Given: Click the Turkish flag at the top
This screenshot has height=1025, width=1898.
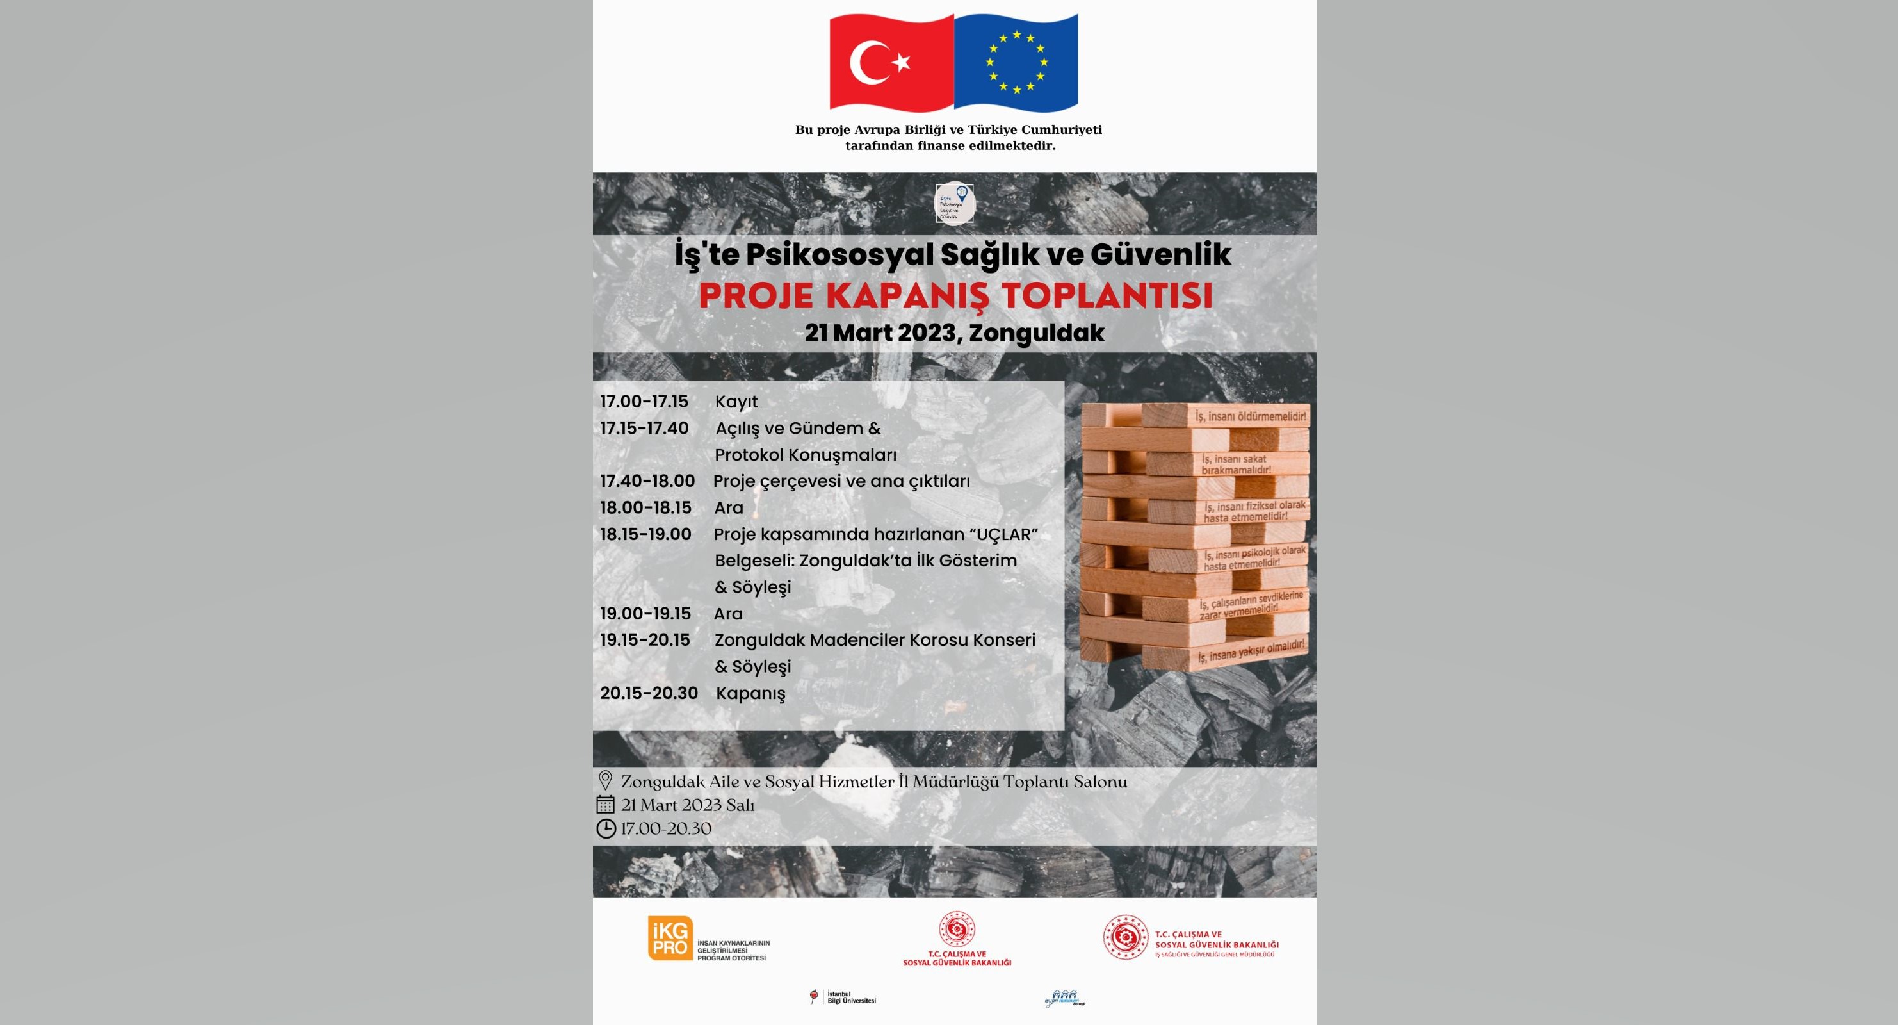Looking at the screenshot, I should coord(891,64).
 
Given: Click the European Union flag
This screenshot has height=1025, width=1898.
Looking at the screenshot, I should coord(1016,64).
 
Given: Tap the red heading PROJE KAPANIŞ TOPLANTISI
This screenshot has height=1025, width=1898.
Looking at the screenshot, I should coord(955,296).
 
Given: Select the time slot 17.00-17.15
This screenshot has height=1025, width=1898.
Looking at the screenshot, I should coord(644,402).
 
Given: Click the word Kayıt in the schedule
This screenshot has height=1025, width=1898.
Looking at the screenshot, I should coord(736,402).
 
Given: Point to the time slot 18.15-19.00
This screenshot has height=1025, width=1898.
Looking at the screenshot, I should coord(645,534).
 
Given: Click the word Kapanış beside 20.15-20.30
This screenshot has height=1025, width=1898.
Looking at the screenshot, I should coord(750,693).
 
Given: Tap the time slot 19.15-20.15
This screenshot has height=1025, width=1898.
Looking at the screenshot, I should coord(645,639).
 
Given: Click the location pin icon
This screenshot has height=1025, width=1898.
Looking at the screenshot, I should coord(606,780).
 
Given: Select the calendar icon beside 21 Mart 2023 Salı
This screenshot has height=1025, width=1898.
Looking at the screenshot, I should coord(605,805).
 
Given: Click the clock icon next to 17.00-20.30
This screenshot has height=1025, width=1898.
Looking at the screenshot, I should coord(605,829).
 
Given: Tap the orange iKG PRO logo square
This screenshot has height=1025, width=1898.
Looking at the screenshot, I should coord(670,938).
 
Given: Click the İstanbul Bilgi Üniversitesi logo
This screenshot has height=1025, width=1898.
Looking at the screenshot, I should coord(843,1017).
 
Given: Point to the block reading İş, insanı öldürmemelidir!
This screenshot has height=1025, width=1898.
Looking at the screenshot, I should coord(1251,417).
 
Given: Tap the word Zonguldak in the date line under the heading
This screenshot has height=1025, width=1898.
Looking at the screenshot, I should coord(1037,333).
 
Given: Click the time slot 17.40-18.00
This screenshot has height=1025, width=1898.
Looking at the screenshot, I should coord(647,481).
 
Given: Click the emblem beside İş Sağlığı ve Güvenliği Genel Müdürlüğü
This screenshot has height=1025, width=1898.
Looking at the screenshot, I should coord(1125,937).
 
